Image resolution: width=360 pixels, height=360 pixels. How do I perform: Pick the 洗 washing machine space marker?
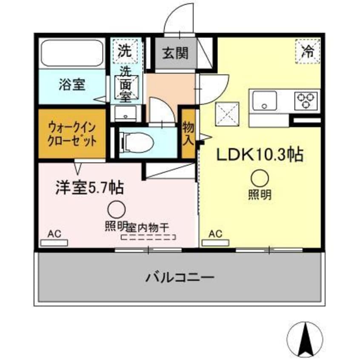pos(125,51)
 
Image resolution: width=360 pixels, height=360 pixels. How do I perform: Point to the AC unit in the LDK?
pos(215,243)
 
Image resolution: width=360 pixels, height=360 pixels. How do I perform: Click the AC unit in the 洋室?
pos(54,243)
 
